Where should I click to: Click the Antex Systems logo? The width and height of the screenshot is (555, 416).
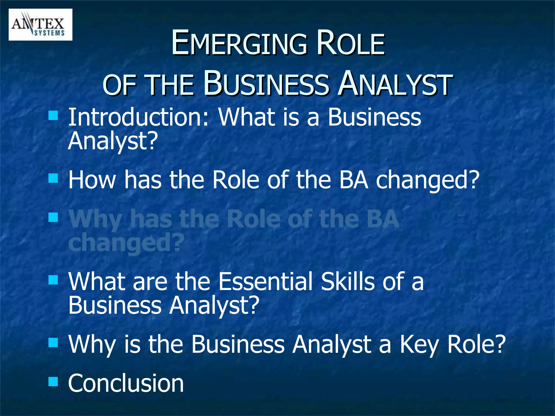40,25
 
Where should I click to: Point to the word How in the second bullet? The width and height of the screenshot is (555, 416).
92,180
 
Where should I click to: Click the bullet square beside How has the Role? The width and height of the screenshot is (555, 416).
53,178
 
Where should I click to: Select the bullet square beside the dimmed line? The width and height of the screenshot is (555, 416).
53,217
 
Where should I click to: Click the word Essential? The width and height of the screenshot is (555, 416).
266,282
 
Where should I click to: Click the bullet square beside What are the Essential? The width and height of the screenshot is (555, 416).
53,280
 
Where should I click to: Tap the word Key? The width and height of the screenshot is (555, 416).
419,344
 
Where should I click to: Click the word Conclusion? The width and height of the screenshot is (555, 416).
126,383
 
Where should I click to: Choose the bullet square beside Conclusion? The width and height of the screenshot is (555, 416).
53,382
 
